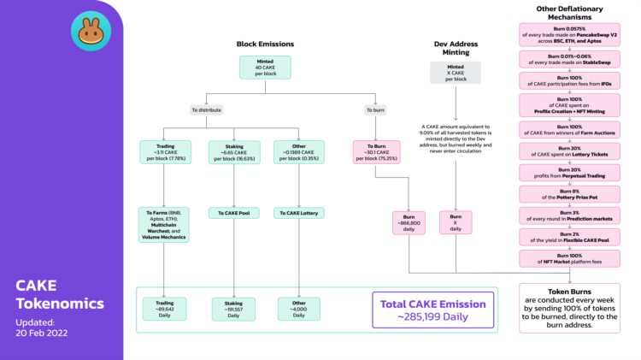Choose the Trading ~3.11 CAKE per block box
tap(162, 151)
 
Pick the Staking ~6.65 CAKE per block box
tap(233, 151)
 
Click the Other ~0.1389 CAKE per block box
tap(298, 151)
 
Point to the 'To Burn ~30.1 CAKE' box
tap(376, 151)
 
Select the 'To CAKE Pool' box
tap(233, 213)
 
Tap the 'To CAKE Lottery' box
tap(298, 213)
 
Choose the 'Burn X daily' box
tap(456, 221)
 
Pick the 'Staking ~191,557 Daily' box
tap(233, 308)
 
